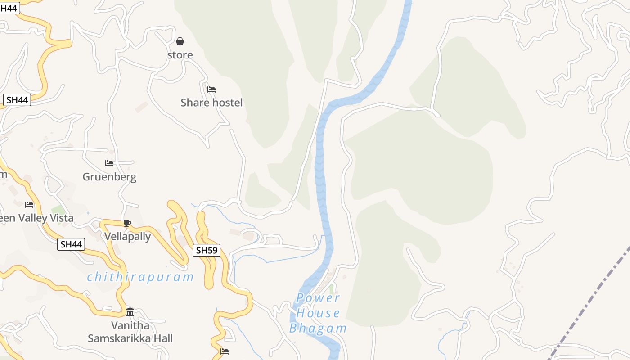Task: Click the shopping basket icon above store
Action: pos(180,42)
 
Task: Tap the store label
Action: pos(180,55)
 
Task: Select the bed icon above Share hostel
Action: pos(211,90)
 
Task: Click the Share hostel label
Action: pos(211,103)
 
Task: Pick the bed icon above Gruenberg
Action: pos(109,163)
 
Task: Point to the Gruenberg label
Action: pos(109,177)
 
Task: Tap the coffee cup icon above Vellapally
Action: pos(127,223)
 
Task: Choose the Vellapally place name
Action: pos(128,236)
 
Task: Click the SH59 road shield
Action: pos(207,250)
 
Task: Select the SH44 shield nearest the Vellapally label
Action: pos(71,244)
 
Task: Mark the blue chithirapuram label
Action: pos(140,277)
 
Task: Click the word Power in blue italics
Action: pos(318,298)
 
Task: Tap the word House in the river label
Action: pos(318,313)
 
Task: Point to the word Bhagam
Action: pos(318,328)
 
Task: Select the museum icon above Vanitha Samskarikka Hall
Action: pos(130,312)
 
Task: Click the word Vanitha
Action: pos(130,325)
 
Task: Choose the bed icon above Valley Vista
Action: pos(29,205)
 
